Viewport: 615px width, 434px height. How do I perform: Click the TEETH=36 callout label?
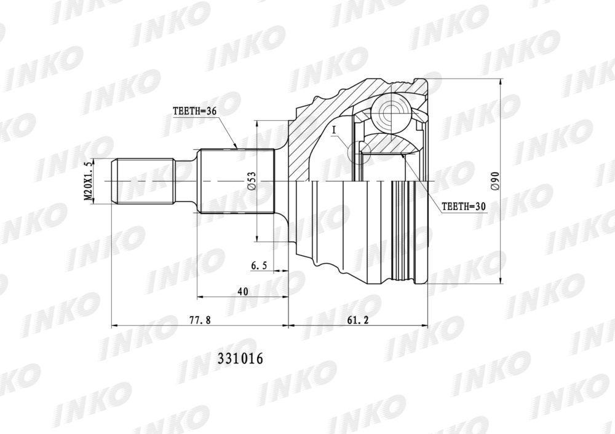point(194,110)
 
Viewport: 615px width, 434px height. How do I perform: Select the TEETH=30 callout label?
point(464,207)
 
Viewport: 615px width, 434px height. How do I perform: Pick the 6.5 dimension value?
point(259,266)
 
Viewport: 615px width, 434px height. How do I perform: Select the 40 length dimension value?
point(243,292)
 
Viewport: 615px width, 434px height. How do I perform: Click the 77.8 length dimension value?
point(200,320)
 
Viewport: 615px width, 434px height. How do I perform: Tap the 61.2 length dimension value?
point(358,320)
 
